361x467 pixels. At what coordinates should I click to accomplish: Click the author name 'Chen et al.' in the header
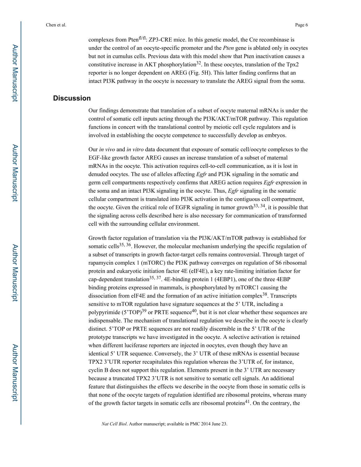(x=56, y=25)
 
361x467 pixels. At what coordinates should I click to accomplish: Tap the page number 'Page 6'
(x=301, y=25)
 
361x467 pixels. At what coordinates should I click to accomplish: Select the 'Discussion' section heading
(x=72, y=98)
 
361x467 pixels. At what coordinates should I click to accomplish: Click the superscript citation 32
(x=199, y=63)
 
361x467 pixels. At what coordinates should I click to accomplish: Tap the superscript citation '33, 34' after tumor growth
(x=259, y=206)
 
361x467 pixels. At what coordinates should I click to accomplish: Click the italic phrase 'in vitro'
(x=135, y=150)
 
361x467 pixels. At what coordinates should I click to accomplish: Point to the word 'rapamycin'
(x=101, y=263)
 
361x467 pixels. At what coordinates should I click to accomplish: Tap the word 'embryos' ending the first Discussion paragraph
(x=276, y=135)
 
